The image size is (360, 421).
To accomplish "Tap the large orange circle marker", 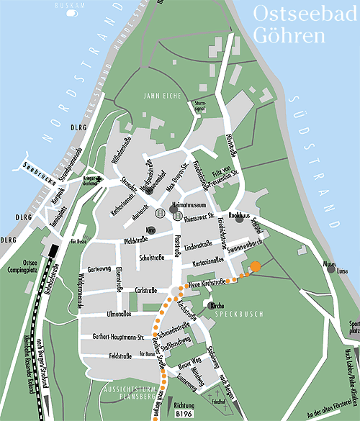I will pyautogui.click(x=255, y=268).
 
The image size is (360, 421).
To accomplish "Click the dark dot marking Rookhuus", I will pyautogui.click(x=239, y=219).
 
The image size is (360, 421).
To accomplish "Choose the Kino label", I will pyautogui.click(x=150, y=230).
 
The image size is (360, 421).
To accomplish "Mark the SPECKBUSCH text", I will pyautogui.click(x=237, y=315).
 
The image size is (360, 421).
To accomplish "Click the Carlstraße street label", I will pyautogui.click(x=146, y=290).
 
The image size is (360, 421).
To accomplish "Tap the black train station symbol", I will pyautogui.click(x=53, y=250).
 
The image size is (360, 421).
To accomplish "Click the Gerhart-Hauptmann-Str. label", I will pyautogui.click(x=119, y=337).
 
